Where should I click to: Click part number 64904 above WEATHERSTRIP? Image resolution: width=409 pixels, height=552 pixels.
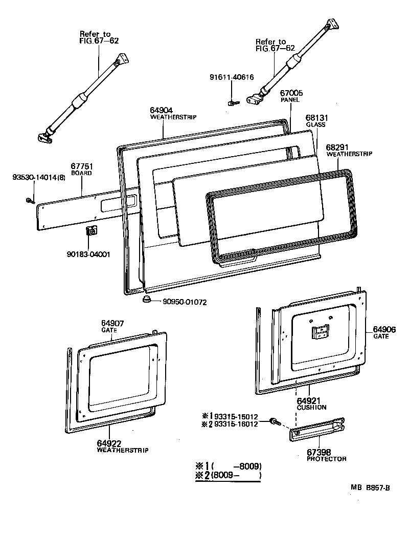pos(161,110)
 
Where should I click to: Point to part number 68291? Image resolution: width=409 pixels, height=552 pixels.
pos(337,146)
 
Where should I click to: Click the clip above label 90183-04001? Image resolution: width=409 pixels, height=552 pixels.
pos(91,231)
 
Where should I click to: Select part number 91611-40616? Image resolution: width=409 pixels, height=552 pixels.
pos(232,77)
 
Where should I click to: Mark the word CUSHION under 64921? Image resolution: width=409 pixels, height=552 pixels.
pos(311,408)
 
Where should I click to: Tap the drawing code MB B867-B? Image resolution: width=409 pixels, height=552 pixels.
pos(370,487)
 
